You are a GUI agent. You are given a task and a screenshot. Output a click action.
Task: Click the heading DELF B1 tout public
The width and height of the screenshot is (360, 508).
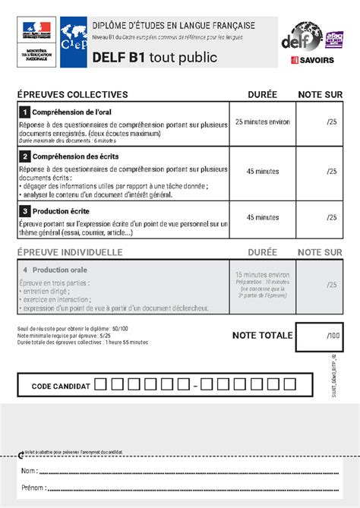pyautogui.click(x=154, y=58)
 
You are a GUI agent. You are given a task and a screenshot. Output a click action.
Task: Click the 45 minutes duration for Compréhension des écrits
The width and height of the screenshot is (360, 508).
pyautogui.click(x=262, y=172)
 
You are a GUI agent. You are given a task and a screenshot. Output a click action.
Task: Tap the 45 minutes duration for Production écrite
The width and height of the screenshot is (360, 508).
pyautogui.click(x=262, y=217)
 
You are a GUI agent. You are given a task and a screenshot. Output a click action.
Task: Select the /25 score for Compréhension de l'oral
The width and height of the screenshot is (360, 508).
pyautogui.click(x=330, y=121)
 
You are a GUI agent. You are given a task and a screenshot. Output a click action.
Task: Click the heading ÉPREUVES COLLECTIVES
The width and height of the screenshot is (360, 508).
pyautogui.click(x=72, y=95)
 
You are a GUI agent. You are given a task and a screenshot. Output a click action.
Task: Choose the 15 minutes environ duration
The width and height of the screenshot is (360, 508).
pyautogui.click(x=262, y=274)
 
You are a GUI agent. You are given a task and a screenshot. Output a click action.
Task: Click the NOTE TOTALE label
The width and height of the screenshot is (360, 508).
pyautogui.click(x=262, y=335)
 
